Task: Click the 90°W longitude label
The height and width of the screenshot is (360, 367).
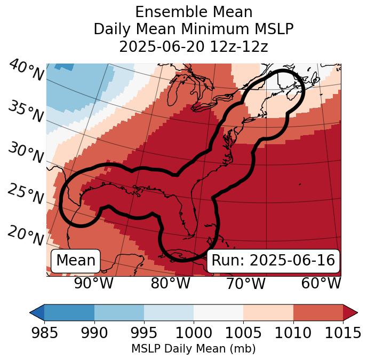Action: coord(94,283)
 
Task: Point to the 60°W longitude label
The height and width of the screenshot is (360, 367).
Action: coord(321,283)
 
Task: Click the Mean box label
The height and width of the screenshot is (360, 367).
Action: coord(76,261)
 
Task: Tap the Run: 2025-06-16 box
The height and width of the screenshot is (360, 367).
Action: coord(273,261)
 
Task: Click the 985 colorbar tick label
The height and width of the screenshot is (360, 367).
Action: coord(44,333)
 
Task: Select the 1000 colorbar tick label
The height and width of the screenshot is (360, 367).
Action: coord(194,333)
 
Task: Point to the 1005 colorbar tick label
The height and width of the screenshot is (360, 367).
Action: coord(243,333)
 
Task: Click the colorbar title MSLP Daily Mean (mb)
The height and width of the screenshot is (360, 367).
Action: coord(194,349)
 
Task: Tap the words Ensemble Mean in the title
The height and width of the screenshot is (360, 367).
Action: coord(194,12)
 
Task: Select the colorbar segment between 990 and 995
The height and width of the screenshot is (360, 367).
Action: coord(119,312)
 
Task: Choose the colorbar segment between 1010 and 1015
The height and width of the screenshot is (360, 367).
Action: coord(318,312)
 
